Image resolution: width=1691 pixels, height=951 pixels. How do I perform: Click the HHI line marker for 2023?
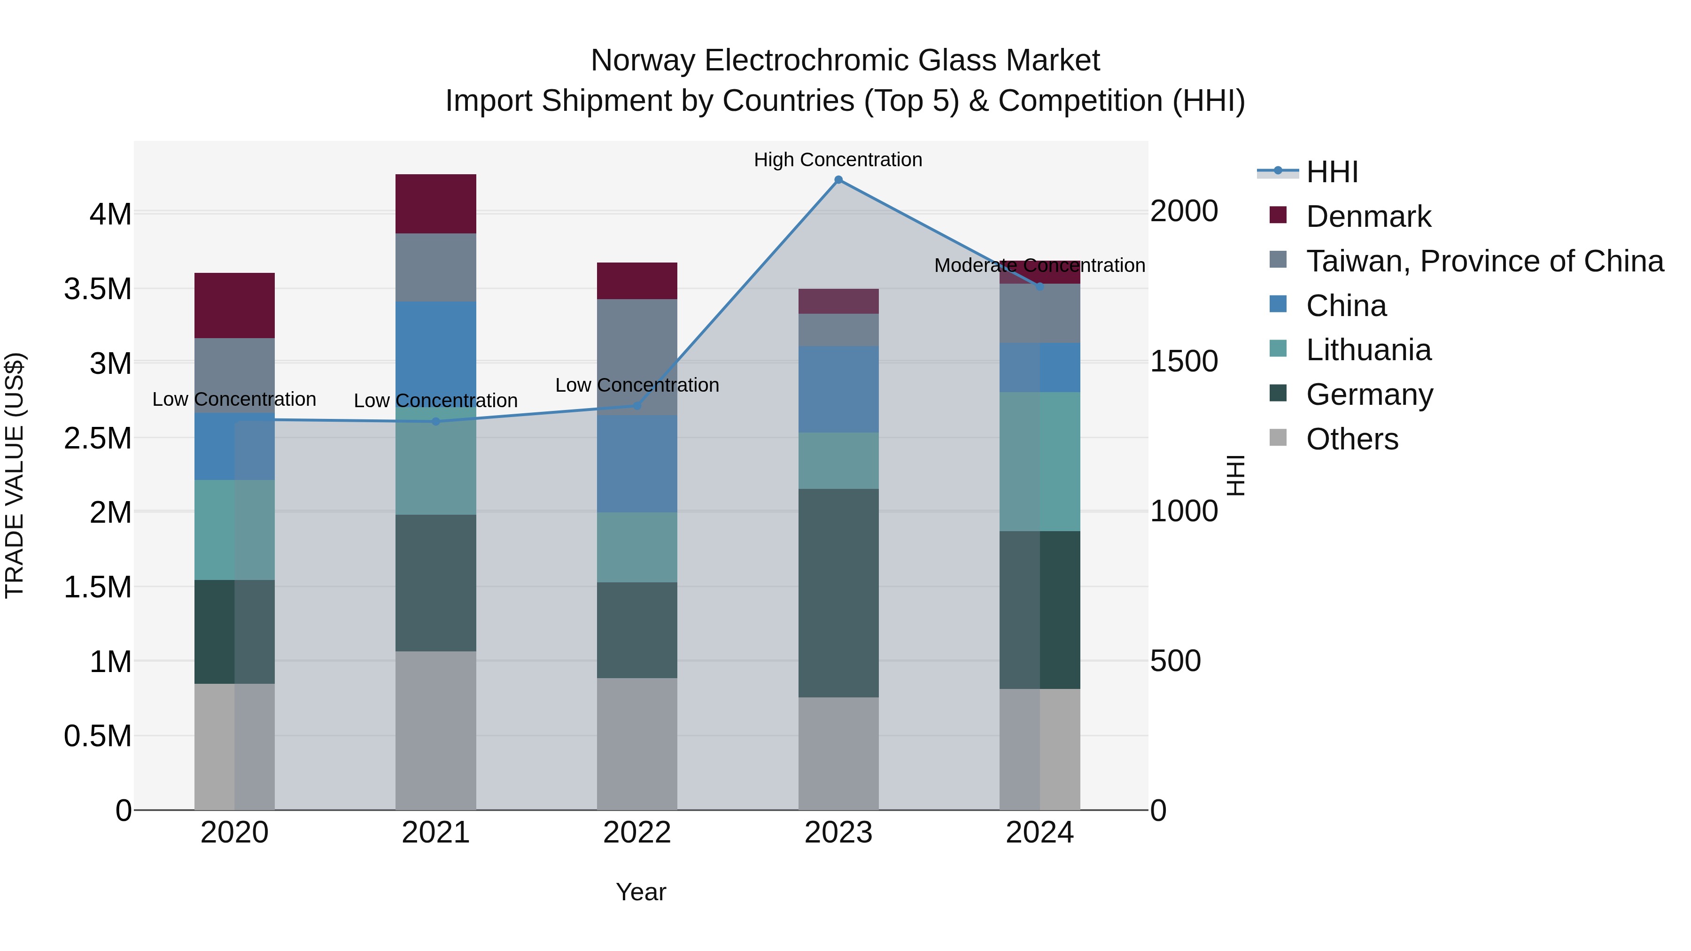pos(838,180)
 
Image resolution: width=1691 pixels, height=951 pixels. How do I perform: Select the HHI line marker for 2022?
pos(637,406)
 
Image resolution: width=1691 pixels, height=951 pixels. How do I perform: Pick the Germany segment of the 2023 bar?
pos(838,593)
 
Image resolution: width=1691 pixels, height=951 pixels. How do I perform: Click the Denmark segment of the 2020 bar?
pos(234,305)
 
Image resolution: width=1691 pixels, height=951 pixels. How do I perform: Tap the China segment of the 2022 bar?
pos(637,464)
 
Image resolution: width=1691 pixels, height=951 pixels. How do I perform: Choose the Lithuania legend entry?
pos(1368,350)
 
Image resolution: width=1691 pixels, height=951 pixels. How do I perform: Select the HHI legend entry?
pos(1331,172)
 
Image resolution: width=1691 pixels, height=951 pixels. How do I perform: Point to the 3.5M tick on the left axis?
pos(98,289)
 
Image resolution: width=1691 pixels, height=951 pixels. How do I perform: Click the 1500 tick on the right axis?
pos(1184,361)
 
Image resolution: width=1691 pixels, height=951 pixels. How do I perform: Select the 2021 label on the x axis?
pos(436,833)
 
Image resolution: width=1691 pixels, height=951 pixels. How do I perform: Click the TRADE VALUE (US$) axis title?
pos(15,475)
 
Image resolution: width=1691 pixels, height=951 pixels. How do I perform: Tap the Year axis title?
pos(641,892)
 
